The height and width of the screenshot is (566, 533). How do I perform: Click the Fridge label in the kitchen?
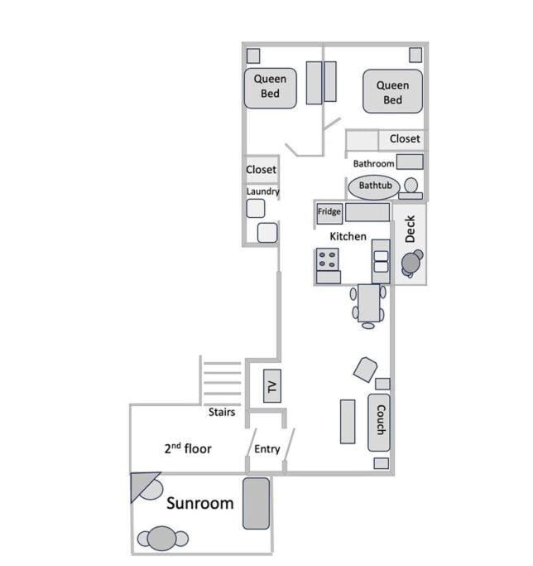coord(329,212)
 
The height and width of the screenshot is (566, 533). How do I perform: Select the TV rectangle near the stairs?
coord(271,385)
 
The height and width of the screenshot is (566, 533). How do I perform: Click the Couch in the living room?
coord(378,422)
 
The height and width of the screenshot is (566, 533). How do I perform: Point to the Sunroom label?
coord(200,503)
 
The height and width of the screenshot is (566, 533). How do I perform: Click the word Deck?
coord(410,229)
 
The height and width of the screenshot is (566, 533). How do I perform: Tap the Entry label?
coord(267,450)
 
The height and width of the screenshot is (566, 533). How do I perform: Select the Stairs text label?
coord(221,412)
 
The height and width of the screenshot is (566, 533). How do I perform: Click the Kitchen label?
coord(348,237)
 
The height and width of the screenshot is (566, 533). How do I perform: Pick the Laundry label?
coord(262,191)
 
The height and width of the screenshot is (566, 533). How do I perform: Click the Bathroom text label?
coord(373,163)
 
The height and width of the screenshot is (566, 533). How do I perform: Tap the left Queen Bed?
coord(270,87)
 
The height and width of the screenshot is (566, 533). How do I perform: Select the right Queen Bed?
coord(392,92)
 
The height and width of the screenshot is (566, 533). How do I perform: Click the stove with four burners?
coord(328,259)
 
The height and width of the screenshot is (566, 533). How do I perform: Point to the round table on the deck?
coord(411,263)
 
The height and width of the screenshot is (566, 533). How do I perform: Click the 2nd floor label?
coord(187,449)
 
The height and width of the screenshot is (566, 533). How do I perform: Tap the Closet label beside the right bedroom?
coord(405,139)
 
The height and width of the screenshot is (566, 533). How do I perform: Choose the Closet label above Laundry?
coord(261,170)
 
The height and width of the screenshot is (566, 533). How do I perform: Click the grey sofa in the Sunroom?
coord(256,502)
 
